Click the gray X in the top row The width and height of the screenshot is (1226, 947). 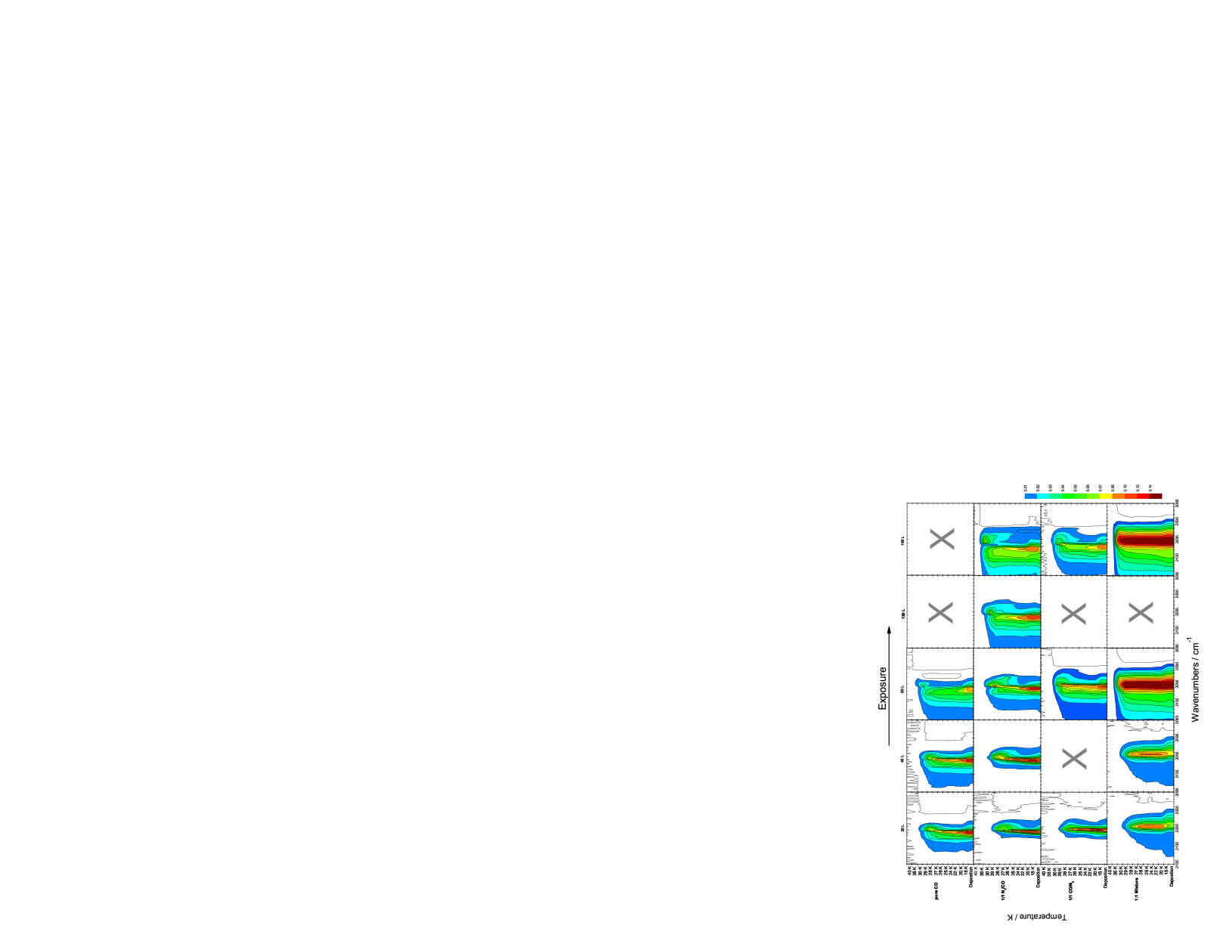tap(942, 539)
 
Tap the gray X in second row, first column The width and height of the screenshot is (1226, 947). tap(940, 612)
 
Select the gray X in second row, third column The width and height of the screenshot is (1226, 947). tap(1073, 613)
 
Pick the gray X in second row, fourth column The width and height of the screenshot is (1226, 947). tap(1141, 612)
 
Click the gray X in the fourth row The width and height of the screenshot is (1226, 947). tap(1074, 758)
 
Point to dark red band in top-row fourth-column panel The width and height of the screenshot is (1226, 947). tap(1145, 540)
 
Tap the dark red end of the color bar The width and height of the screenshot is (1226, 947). tap(1156, 496)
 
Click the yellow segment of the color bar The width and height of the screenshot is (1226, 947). tap(1106, 496)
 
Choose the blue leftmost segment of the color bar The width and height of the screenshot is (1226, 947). tap(1030, 496)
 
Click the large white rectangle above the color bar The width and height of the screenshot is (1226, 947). tap(1087, 473)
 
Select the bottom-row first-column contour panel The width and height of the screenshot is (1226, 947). tap(940, 828)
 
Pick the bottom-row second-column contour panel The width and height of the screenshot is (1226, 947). tap(1007, 828)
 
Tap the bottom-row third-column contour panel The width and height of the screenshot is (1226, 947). tap(1073, 828)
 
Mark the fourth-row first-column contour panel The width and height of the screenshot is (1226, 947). tap(940, 756)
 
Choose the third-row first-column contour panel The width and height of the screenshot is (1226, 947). tap(940, 684)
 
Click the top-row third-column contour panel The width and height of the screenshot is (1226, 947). tap(1074, 540)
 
